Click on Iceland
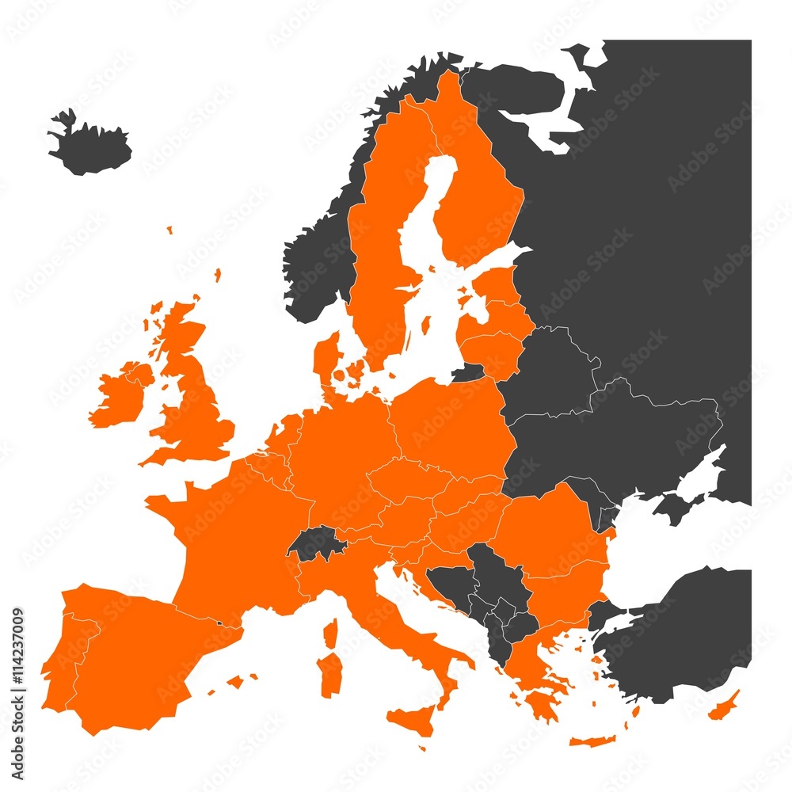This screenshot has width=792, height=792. pyautogui.click(x=89, y=147)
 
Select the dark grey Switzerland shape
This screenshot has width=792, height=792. pyautogui.click(x=315, y=543)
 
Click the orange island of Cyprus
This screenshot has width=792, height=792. pyautogui.click(x=724, y=706)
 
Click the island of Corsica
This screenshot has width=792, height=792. pyautogui.click(x=331, y=634)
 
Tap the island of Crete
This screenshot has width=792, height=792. pyautogui.click(x=592, y=741)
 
